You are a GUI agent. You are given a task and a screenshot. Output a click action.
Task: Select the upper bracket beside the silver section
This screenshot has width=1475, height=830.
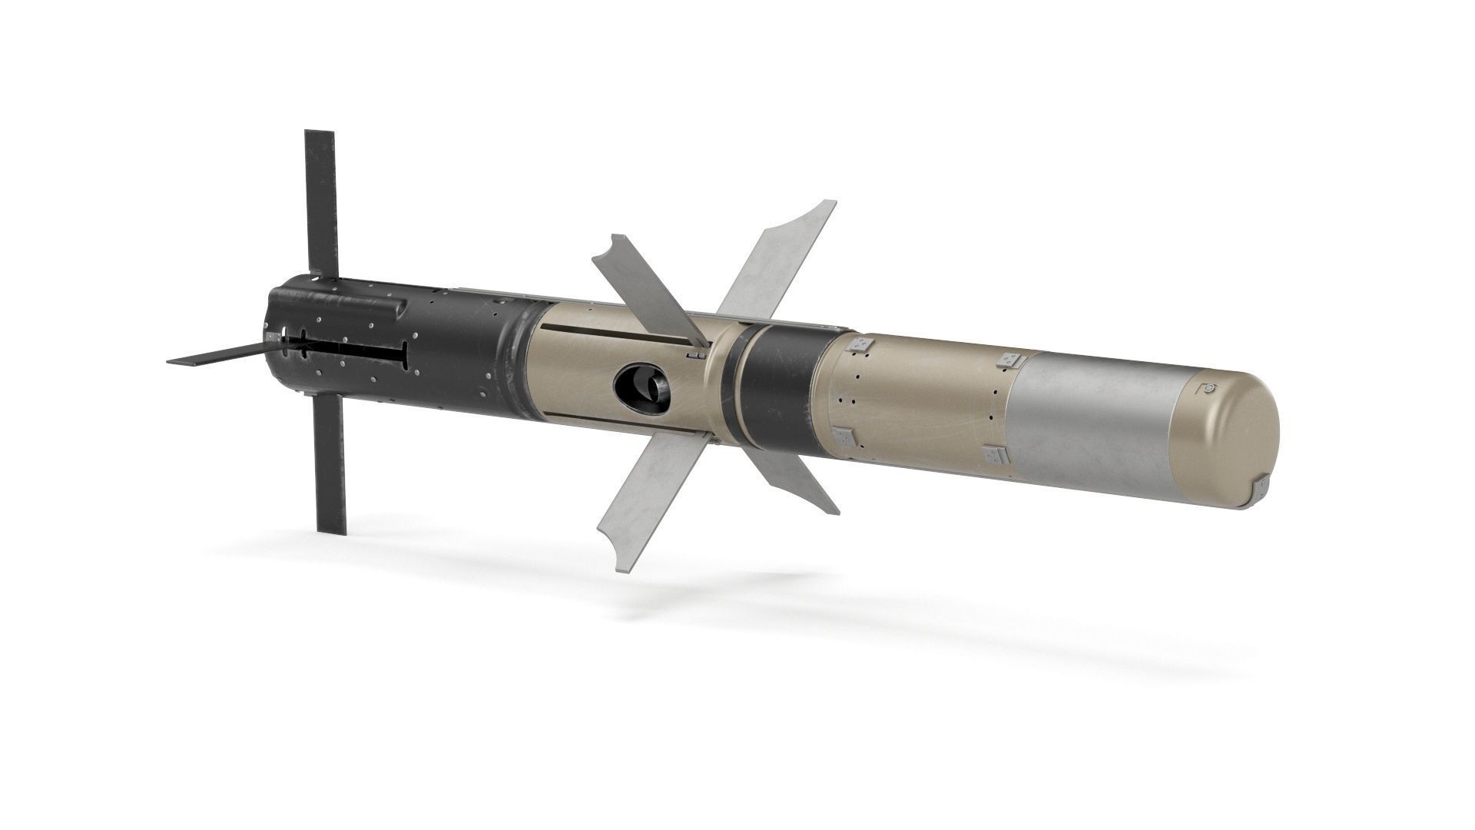1009,360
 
